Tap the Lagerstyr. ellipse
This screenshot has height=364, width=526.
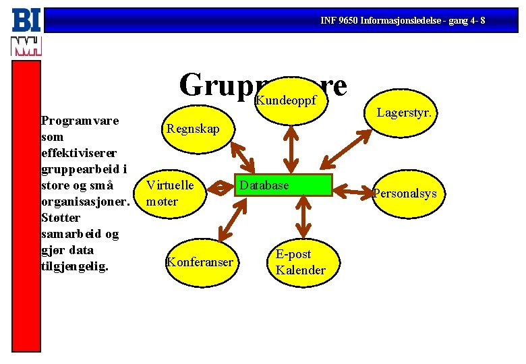tap(404, 113)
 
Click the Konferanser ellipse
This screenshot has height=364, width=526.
tap(200, 262)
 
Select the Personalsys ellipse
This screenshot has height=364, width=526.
tap(406, 193)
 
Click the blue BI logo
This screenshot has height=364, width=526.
tap(26, 20)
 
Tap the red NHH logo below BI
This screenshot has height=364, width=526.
tap(26, 46)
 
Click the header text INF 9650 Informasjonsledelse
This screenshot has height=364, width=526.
tap(403, 20)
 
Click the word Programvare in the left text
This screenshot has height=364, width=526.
tap(80, 121)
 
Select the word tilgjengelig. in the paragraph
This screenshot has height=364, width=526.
tap(75, 266)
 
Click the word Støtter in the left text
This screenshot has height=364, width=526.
tap(61, 218)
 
